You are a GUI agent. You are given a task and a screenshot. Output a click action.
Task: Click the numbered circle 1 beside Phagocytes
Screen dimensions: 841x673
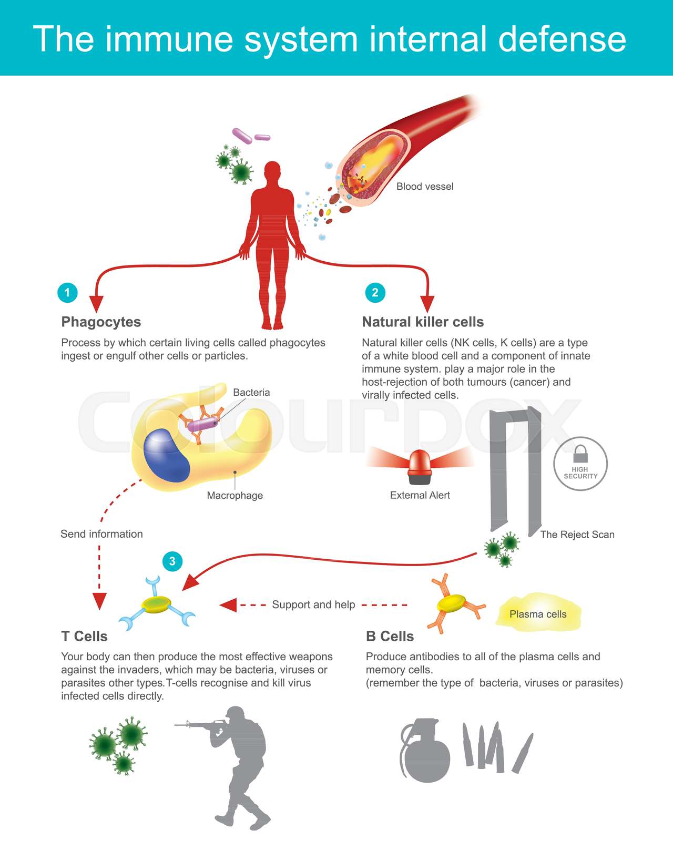point(67,292)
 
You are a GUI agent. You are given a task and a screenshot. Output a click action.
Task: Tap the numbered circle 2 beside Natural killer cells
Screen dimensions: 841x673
point(375,292)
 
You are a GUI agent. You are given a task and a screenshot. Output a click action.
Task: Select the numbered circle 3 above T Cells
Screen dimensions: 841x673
point(172,561)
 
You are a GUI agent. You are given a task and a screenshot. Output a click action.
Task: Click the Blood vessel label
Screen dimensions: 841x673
point(424,187)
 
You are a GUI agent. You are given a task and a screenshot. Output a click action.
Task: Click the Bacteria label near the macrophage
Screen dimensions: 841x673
point(251,393)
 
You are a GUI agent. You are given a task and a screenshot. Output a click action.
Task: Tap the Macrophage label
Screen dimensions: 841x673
point(234,495)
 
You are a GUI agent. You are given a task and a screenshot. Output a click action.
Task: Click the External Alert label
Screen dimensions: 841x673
point(420,495)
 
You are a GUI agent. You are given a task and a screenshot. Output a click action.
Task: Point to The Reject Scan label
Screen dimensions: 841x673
point(577,535)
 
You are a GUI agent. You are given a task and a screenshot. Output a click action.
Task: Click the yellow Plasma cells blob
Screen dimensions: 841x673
point(538,613)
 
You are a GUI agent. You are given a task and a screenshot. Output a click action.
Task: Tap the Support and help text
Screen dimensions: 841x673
point(313,604)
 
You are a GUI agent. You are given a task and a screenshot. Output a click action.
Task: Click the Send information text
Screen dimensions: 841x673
point(101,534)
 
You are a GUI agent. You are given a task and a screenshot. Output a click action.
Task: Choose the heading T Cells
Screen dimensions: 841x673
point(84,637)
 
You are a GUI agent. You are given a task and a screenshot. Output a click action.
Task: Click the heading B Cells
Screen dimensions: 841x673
point(390,637)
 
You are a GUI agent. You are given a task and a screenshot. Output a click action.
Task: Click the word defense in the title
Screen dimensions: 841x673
point(562,39)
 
